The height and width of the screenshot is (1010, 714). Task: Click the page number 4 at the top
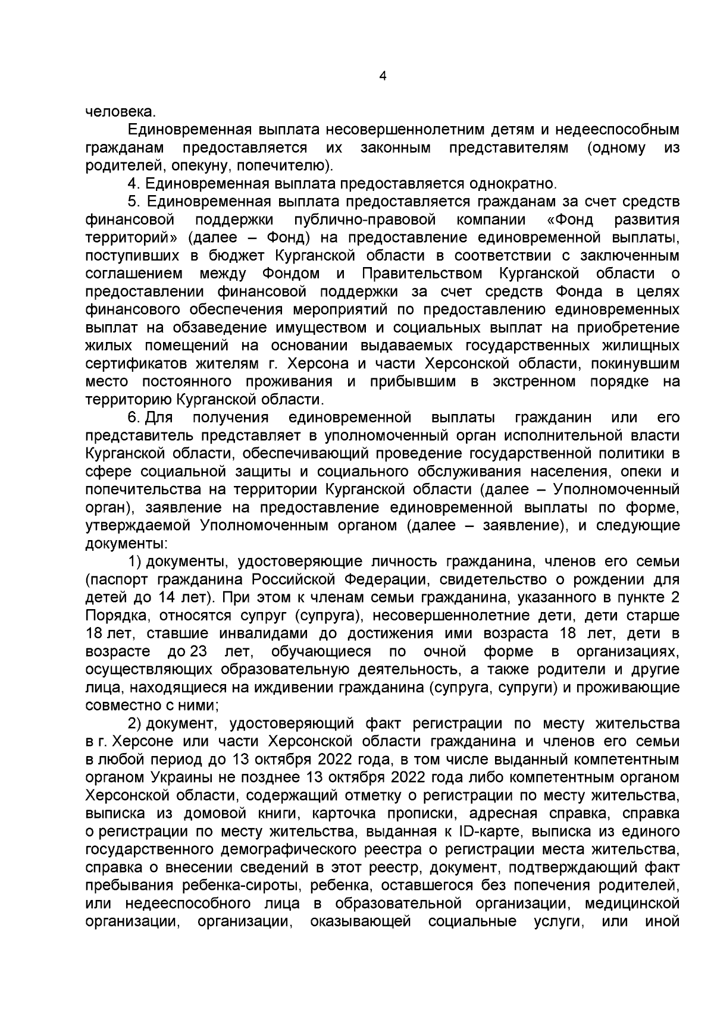(x=383, y=76)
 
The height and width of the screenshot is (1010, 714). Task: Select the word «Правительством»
(x=422, y=274)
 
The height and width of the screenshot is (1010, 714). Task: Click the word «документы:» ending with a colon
(x=127, y=544)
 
